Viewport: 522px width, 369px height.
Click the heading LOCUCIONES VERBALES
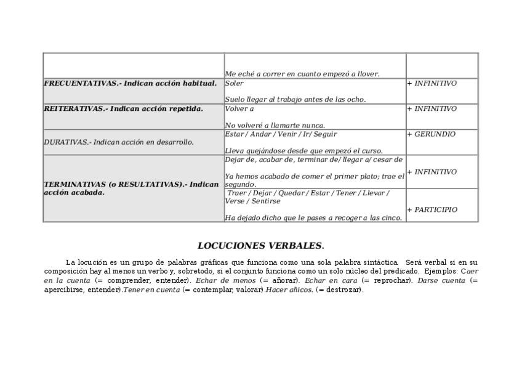[260, 246]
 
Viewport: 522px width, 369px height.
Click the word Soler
[234, 83]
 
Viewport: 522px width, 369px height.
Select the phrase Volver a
[239, 108]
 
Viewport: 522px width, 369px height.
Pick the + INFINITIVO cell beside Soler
[432, 83]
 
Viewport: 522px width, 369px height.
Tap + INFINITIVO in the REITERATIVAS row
[432, 108]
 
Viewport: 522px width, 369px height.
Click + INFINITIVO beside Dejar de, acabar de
[432, 172]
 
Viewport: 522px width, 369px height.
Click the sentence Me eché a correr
[302, 74]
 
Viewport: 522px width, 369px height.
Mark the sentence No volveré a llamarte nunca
[275, 125]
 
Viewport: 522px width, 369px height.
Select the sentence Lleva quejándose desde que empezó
[303, 150]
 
